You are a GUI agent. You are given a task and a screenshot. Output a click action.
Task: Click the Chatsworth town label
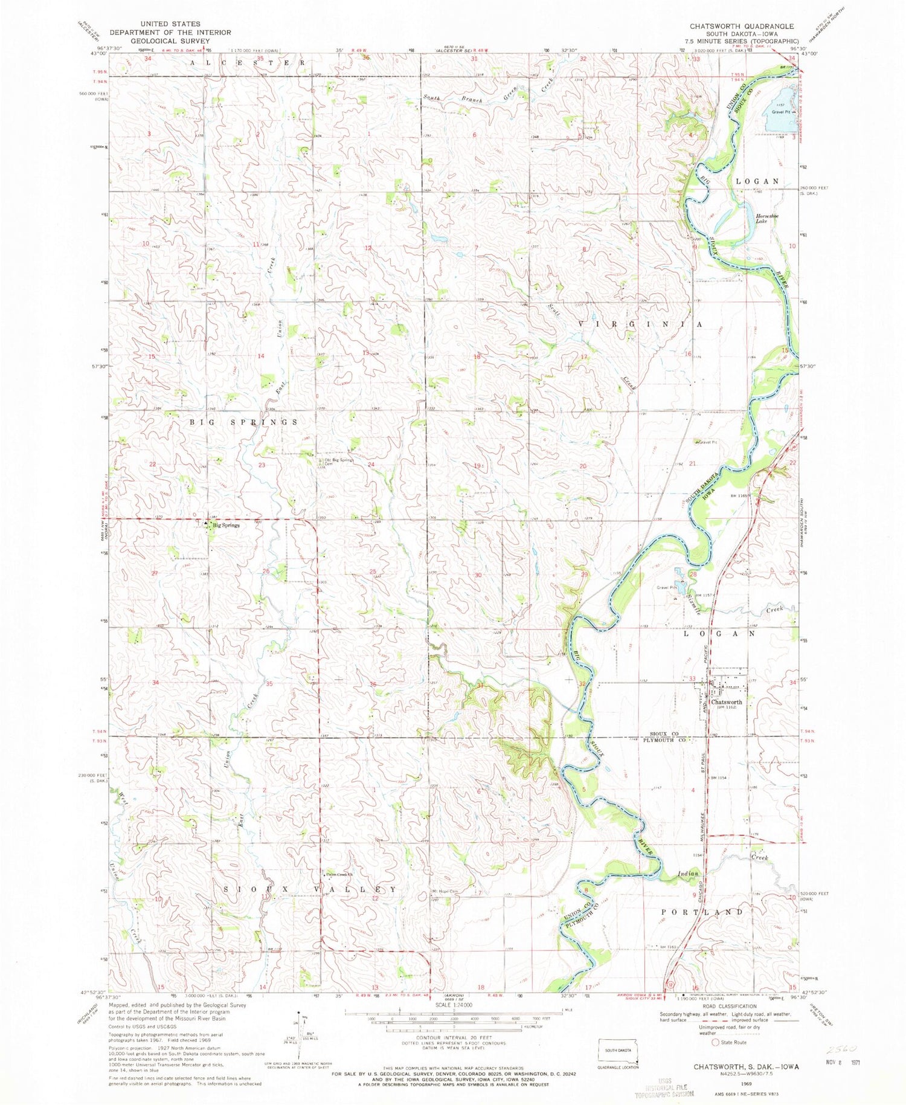(727, 702)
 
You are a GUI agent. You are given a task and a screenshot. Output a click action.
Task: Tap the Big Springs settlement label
(225, 526)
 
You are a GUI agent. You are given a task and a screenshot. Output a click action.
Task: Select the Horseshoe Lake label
(767, 218)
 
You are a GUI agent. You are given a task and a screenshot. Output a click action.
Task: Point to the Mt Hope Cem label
(445, 891)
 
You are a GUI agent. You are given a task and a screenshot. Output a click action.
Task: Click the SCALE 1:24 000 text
(452, 1005)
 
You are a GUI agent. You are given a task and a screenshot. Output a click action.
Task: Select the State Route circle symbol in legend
(716, 1042)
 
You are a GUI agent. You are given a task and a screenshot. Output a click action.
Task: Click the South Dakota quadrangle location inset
(617, 1052)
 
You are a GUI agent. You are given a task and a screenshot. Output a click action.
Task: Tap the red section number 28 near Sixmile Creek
(693, 574)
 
